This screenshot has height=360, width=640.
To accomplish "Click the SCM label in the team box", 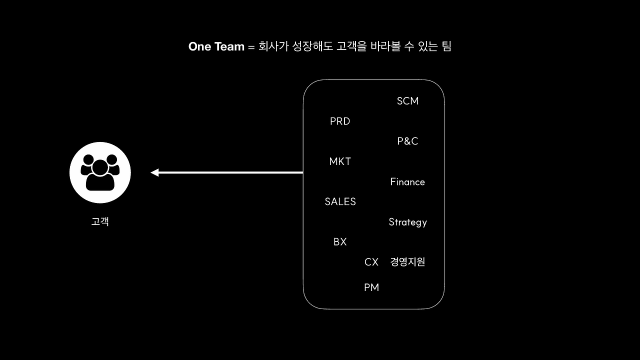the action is coord(407,101).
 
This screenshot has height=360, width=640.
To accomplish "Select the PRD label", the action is coord(340,121).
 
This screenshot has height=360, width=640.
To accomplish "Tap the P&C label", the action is coord(407,141).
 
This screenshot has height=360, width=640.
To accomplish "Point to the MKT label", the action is coord(340,161).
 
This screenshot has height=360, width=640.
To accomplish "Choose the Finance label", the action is coord(407,182).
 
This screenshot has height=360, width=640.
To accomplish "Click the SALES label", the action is coord(340,201).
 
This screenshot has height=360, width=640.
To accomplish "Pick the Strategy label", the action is coord(407,222).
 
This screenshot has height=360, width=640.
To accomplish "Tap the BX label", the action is coord(340,242).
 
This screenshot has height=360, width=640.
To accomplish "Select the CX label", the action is coord(371,262).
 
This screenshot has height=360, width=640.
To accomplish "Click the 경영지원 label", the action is coord(407,262).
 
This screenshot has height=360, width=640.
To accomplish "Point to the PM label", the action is coord(371,287).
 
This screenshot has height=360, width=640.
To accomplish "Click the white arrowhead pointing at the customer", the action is coord(155,172).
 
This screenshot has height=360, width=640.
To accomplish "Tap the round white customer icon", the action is coord(100,172).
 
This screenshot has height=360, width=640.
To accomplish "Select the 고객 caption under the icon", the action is coord(100,221).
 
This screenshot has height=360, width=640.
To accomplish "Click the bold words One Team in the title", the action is coord(216,47).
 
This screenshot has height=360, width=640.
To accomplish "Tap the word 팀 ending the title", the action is coord(446,47).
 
